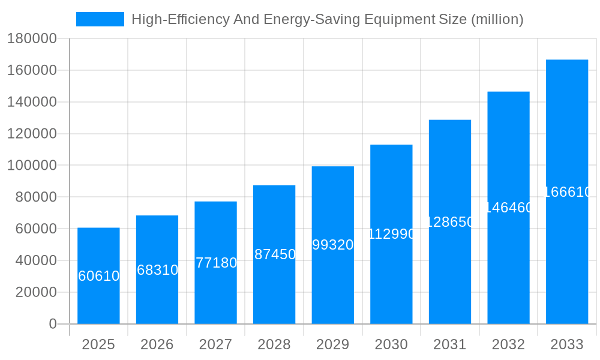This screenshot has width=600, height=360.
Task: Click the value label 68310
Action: coord(157,270)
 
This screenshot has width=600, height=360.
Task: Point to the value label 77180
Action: coord(216,263)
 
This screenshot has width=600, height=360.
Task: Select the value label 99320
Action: coord(333,245)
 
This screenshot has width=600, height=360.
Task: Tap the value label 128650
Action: coord(450,222)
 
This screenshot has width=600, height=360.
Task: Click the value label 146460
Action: coord(508,208)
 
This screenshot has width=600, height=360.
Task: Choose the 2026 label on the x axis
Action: coord(157,344)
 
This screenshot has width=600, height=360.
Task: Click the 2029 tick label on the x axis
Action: coord(333,344)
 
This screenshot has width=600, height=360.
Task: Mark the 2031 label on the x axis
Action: coord(450,344)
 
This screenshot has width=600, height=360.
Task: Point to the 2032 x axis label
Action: coord(508,344)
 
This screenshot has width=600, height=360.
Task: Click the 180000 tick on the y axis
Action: coord(32,39)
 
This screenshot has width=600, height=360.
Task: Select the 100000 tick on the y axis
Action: coord(32,166)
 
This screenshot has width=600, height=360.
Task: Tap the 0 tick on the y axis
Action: coord(53,324)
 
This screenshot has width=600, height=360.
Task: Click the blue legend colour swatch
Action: coord(100,19)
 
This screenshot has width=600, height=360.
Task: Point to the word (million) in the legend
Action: coord(497,20)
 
